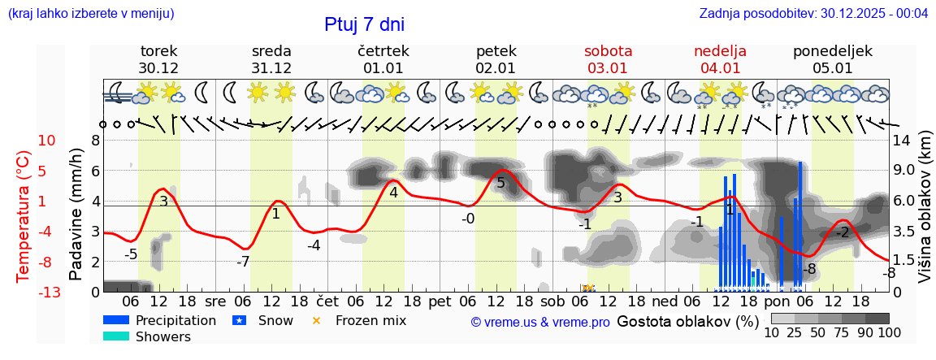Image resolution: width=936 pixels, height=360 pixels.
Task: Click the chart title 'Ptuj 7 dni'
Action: click(x=364, y=24)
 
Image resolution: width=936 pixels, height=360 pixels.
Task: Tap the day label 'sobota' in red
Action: click(x=608, y=51)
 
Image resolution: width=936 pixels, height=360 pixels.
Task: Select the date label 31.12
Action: click(x=271, y=68)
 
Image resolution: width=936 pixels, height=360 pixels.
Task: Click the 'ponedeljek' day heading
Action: click(x=833, y=51)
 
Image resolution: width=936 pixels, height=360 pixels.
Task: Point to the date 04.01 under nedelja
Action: click(x=720, y=68)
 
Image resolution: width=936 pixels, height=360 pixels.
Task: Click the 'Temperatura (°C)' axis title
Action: click(x=24, y=216)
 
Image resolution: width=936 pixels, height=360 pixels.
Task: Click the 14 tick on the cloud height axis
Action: click(x=903, y=141)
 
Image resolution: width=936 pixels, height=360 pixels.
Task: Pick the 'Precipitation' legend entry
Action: click(x=175, y=320)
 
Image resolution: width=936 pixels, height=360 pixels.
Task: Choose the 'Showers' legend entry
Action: click(x=163, y=336)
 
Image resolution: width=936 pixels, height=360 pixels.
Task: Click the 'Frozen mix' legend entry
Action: click(x=370, y=320)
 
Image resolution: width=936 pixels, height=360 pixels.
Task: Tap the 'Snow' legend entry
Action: click(x=275, y=320)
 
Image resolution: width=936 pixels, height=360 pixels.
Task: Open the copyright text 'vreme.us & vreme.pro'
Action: click(x=539, y=322)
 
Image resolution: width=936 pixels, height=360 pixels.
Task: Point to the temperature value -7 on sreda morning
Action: click(x=243, y=262)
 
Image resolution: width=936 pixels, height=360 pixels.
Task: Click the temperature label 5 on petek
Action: click(x=500, y=183)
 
